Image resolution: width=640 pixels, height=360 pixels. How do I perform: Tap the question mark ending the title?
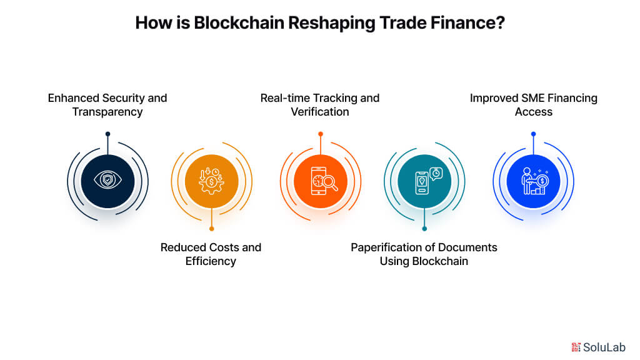tap(500, 23)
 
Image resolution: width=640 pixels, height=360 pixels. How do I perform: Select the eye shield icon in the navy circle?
tap(107, 181)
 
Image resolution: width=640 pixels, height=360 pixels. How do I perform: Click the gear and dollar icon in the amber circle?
tap(211, 181)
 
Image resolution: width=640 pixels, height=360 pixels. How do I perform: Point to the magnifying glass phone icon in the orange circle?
tap(320, 181)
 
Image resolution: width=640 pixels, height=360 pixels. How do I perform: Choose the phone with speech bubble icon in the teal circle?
tap(424, 181)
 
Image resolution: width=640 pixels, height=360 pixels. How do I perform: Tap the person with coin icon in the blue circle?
tap(533, 181)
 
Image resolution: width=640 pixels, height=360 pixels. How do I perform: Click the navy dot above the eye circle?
tap(107, 134)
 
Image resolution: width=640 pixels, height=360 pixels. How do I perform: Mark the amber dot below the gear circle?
tap(212, 228)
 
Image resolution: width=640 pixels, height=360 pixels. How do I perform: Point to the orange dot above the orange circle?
tap(320, 134)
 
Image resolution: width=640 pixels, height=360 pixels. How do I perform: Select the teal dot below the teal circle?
tap(424, 228)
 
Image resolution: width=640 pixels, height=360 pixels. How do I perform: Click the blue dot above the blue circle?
tap(533, 134)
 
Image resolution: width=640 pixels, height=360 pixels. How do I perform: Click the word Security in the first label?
tap(123, 98)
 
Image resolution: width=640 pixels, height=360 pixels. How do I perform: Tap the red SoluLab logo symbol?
tap(576, 347)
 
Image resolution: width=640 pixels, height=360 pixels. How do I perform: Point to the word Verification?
tap(320, 112)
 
